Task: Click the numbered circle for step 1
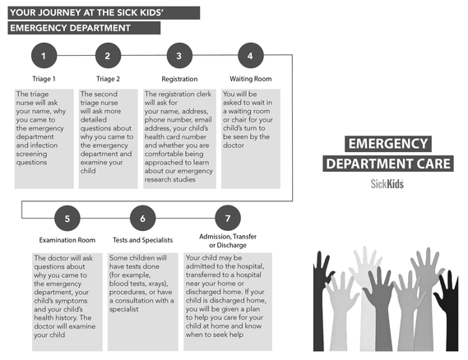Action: [x=44, y=55]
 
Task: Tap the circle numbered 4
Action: [x=251, y=55]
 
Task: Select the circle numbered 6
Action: [x=142, y=218]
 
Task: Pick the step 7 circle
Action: [x=228, y=218]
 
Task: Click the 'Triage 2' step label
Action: [x=108, y=79]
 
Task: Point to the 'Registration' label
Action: [x=179, y=79]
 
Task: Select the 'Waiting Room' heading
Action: [x=251, y=79]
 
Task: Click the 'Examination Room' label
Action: [x=67, y=240]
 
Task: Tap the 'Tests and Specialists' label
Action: [x=142, y=240]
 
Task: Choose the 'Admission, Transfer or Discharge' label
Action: [x=228, y=241]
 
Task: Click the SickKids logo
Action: [x=387, y=184]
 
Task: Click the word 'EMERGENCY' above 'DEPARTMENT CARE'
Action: [x=388, y=144]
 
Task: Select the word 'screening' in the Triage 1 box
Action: [x=31, y=154]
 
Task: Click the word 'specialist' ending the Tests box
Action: [x=123, y=309]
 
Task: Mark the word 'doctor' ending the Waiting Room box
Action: [x=234, y=145]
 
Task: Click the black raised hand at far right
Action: [x=447, y=310]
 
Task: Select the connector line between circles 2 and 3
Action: [x=144, y=55]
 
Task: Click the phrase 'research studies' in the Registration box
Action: [x=169, y=179]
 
